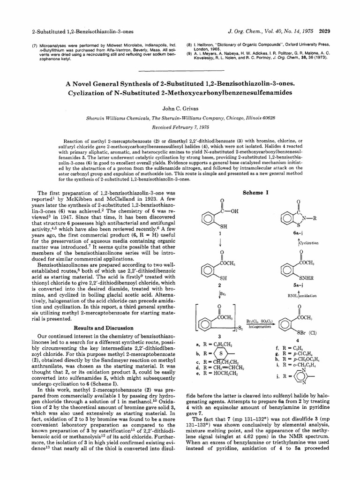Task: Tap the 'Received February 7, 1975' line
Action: click(180, 127)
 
